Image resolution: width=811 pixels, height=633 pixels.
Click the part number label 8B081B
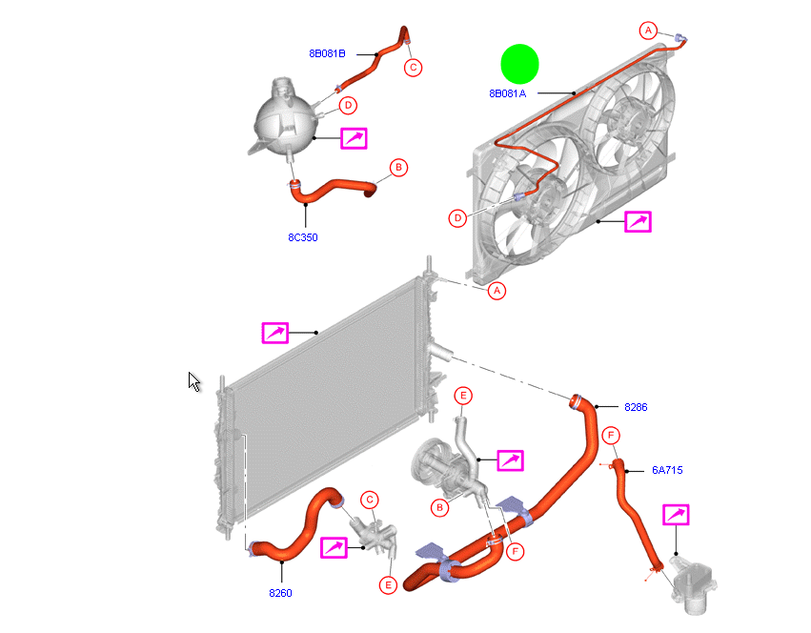(327, 53)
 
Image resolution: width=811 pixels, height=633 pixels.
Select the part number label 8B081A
(508, 93)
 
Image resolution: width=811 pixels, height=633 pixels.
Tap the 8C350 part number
(302, 237)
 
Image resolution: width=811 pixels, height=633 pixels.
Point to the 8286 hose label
(636, 407)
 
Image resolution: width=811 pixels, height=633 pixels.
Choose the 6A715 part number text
(667, 469)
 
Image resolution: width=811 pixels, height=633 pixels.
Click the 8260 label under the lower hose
(280, 593)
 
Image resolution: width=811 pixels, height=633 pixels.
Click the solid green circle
(520, 64)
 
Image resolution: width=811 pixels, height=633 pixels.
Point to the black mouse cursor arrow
(193, 381)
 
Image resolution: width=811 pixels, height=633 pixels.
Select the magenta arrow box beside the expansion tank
(354, 138)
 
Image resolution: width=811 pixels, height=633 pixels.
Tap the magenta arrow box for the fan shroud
(638, 222)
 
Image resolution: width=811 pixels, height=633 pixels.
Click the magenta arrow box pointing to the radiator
(275, 332)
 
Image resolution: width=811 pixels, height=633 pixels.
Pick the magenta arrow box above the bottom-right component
(676, 516)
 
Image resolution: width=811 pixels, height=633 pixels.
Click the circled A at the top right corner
(648, 31)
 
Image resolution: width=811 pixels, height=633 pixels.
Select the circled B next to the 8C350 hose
(398, 168)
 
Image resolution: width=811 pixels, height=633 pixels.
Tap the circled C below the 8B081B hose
(413, 67)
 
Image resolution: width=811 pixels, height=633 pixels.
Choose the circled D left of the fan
(458, 218)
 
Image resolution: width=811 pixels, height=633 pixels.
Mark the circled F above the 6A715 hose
(610, 436)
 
